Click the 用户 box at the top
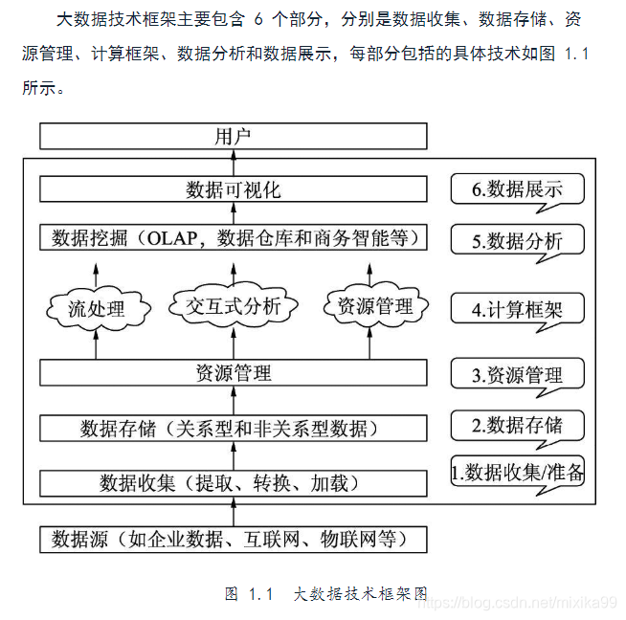point(233,137)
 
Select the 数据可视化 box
point(233,189)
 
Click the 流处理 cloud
point(96,308)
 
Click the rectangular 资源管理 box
point(233,373)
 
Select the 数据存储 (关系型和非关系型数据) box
point(233,427)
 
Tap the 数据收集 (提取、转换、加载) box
point(233,483)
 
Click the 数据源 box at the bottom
point(233,540)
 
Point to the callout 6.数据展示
point(517,189)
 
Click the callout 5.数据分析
point(517,241)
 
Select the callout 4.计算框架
point(517,310)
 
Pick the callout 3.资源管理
point(517,375)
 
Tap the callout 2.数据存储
point(517,425)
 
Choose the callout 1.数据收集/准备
point(517,471)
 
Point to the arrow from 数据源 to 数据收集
point(233,513)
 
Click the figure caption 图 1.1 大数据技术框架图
point(325,593)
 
